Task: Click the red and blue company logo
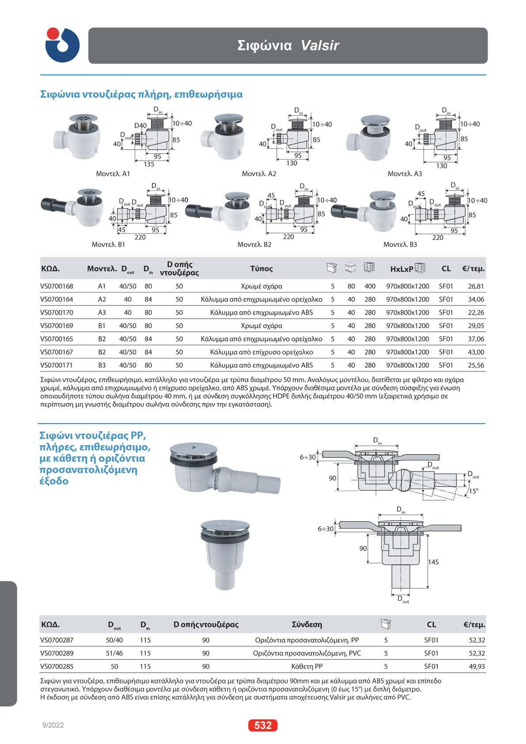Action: coord(62,45)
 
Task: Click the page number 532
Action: coord(263,725)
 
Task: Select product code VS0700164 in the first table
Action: coord(57,299)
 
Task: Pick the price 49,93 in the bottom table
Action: coord(476,666)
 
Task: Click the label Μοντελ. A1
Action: coord(113,174)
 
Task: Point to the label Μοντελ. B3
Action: coord(400,244)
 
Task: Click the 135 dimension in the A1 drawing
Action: coord(149,164)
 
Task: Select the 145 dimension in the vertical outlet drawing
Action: coord(434,562)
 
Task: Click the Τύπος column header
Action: coord(261,268)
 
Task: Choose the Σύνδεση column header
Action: coord(307,624)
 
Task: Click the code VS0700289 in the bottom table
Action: coord(57,653)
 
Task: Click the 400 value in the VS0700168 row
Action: coord(370,286)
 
